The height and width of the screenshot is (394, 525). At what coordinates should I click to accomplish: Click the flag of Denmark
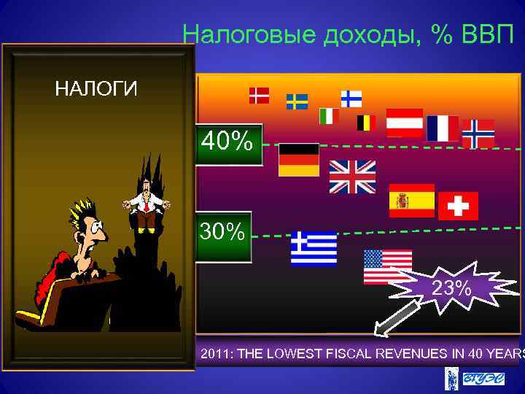259,96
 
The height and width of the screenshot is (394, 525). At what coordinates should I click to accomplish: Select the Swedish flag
297,101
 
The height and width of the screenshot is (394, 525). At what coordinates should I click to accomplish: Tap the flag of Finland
351,98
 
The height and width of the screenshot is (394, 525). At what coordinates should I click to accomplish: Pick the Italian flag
329,116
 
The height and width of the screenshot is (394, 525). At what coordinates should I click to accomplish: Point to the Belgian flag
366,123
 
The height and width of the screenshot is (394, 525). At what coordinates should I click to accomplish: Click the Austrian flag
405,123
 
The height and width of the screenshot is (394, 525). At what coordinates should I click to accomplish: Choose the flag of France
443,128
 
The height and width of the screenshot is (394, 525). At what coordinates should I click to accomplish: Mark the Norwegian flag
478,133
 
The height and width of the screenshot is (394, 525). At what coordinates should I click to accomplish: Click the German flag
299,159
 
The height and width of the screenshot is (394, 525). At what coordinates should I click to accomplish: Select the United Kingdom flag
352,177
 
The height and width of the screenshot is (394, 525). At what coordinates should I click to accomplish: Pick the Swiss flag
458,206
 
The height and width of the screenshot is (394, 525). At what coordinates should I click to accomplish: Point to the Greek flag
314,249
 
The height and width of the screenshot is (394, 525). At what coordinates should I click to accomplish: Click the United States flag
387,266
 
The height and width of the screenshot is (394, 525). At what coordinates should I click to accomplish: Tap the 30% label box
223,236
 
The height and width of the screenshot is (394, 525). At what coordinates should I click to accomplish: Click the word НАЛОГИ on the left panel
96,90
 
